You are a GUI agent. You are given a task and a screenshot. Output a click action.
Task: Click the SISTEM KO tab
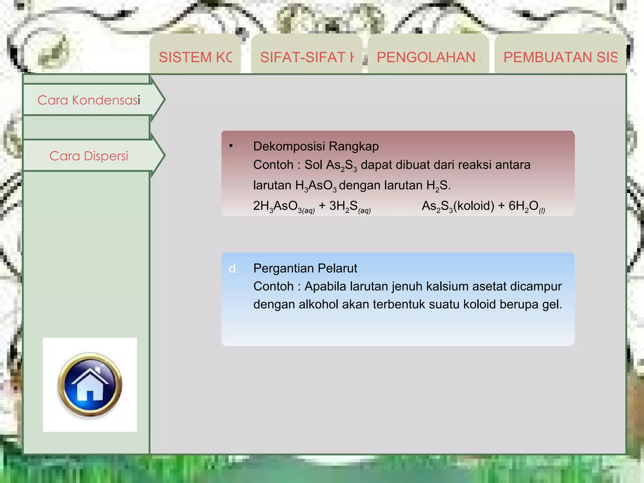195,57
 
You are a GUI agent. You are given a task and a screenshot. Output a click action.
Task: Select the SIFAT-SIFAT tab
307,57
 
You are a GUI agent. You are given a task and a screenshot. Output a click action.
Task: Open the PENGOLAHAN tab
428,57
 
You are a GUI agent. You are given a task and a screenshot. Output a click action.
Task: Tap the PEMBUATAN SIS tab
560,57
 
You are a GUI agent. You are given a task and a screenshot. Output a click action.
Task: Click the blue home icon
90,385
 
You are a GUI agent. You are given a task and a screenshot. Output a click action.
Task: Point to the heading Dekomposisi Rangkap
316,146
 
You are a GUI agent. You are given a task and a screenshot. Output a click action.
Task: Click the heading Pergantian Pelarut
305,268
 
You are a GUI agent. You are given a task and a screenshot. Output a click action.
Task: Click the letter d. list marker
234,269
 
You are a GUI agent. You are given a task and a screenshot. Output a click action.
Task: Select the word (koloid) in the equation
474,206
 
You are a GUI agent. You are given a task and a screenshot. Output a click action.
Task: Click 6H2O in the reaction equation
525,206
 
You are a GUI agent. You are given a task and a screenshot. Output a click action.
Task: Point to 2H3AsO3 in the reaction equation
283,206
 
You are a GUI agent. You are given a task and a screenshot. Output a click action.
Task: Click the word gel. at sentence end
552,304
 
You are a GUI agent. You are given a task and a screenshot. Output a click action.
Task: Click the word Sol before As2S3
313,165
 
